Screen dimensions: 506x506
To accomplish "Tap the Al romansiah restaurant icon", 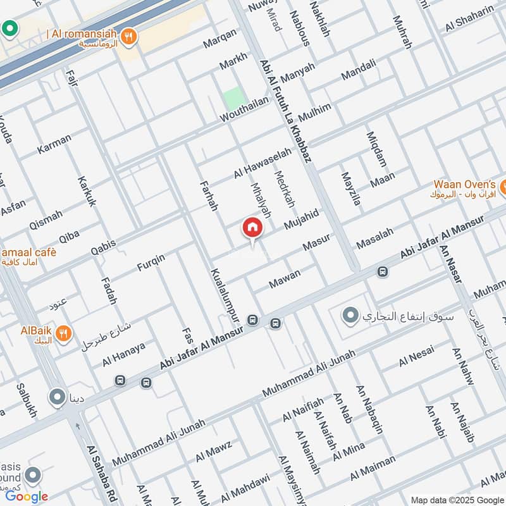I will pyautogui.click(x=129, y=36).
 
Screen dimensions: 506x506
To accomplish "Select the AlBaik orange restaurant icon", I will pyautogui.click(x=63, y=333).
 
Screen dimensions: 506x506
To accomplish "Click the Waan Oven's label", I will pyautogui.click(x=465, y=184).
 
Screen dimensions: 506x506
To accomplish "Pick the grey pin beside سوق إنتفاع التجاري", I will pyautogui.click(x=349, y=314).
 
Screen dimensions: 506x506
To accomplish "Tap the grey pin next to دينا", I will pyautogui.click(x=58, y=398).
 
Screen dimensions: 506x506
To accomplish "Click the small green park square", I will pyautogui.click(x=234, y=98).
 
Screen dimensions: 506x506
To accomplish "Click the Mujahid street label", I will pyautogui.click(x=301, y=219).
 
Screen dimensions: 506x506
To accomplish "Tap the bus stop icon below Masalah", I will pyautogui.click(x=382, y=272).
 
